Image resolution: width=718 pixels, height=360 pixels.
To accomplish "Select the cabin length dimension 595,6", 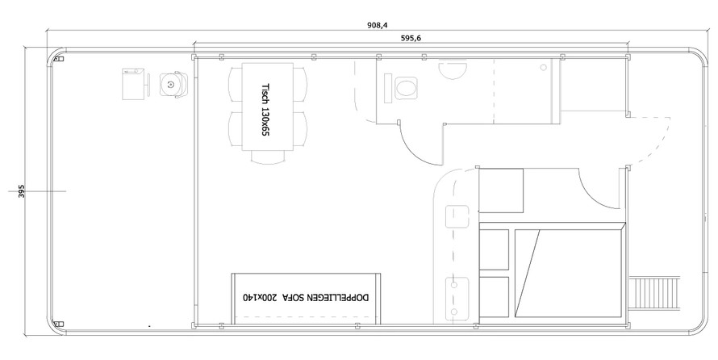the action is (x=411, y=39).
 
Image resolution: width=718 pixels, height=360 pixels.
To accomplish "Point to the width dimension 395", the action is (x=22, y=191).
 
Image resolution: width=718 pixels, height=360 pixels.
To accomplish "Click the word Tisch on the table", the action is (x=265, y=93).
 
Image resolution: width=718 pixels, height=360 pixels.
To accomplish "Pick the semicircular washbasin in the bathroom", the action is (x=453, y=70).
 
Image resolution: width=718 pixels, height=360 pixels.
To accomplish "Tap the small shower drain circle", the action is (x=544, y=67).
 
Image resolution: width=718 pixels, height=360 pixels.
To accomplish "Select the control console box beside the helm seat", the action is (x=134, y=84).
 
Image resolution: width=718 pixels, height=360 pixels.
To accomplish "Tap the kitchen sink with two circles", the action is (x=457, y=297).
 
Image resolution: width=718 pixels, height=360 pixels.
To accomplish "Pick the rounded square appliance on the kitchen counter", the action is (x=457, y=216).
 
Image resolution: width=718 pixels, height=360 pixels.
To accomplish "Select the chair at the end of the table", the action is (x=268, y=157).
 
